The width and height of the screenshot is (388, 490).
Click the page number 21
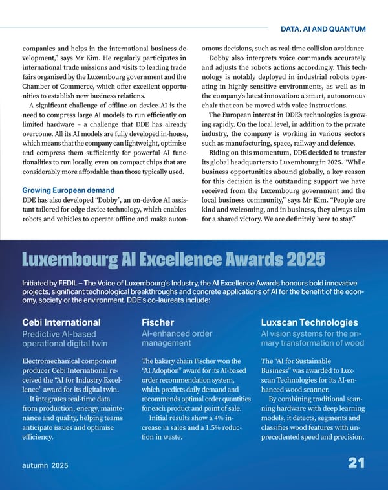click(356, 463)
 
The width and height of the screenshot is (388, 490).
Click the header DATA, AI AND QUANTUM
click(323, 29)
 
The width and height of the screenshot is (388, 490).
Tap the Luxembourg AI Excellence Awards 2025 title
click(173, 260)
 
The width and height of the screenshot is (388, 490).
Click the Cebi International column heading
click(61, 322)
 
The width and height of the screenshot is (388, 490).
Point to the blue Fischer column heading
click(158, 322)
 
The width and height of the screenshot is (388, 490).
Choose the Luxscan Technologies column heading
click(309, 322)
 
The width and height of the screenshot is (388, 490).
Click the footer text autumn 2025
click(45, 465)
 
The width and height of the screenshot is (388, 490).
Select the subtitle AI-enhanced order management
click(177, 339)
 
